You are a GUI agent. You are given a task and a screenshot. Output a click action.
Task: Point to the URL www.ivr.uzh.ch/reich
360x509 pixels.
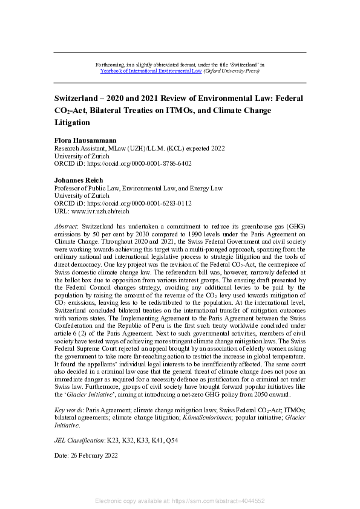coord(110,211)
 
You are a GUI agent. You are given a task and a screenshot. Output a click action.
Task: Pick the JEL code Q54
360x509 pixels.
coord(169,439)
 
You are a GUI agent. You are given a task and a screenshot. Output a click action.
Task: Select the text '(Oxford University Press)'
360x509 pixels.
coord(230,71)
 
